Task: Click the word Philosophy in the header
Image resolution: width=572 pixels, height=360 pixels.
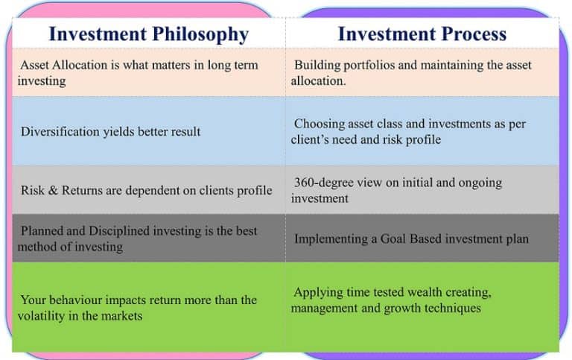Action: click(x=200, y=35)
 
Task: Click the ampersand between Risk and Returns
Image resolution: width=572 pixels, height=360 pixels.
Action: click(x=53, y=190)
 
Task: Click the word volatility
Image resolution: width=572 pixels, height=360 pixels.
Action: click(x=41, y=316)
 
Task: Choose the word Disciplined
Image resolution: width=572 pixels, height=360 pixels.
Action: click(x=119, y=231)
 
